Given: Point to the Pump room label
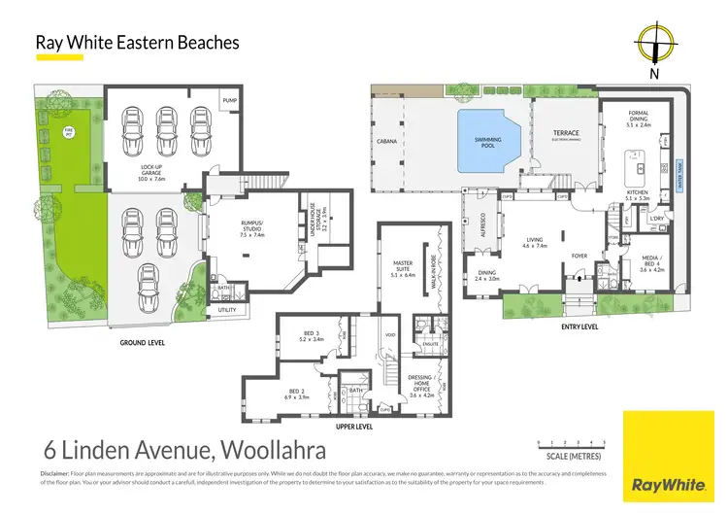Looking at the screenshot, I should [x=229, y=100].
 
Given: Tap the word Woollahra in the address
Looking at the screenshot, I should [x=268, y=450].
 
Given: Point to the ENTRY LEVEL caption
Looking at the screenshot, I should [x=579, y=326].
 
